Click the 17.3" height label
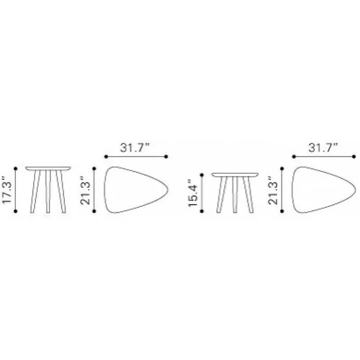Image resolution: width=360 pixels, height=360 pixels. click(7, 190)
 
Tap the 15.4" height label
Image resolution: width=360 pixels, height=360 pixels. click(193, 193)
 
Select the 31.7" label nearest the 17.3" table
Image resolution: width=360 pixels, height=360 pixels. click(135, 148)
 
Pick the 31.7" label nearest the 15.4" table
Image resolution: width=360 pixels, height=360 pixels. click(323, 148)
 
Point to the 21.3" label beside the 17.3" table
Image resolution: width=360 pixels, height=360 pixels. click(85, 190)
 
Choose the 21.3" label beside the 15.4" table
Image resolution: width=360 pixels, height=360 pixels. click(272, 190)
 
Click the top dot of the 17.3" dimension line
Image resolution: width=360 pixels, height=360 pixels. click(16, 169)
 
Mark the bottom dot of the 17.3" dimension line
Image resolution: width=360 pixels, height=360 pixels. click(16, 211)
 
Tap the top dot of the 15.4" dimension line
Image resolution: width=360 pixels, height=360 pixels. click(202, 175)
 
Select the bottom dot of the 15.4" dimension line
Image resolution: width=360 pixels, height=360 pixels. click(202, 211)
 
